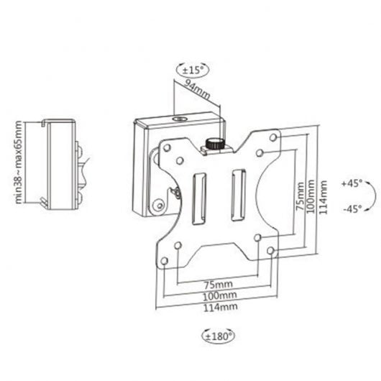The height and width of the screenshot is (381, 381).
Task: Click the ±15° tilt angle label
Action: (191, 70)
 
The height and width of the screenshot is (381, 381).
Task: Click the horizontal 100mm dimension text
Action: (219, 295)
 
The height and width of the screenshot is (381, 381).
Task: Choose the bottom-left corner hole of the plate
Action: (165, 260)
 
